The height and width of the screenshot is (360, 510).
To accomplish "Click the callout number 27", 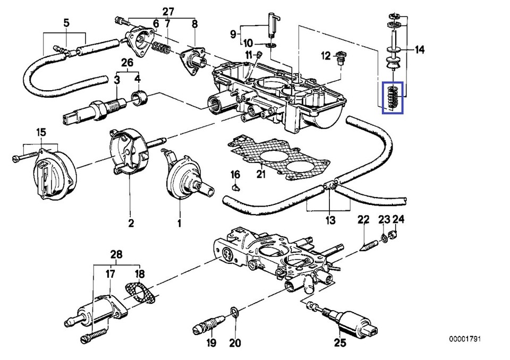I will [x=153, y=11].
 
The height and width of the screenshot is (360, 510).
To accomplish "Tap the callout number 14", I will [x=420, y=50].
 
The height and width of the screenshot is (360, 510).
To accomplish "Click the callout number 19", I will [x=211, y=342].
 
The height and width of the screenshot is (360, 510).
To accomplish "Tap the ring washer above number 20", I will [x=234, y=311].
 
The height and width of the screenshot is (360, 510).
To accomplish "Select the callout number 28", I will [x=116, y=255].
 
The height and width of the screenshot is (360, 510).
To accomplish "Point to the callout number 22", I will [x=363, y=219].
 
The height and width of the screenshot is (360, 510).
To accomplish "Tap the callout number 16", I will [x=235, y=175].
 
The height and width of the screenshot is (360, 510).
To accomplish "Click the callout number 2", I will [x=131, y=223].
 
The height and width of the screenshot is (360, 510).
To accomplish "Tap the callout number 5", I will [x=66, y=23].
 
